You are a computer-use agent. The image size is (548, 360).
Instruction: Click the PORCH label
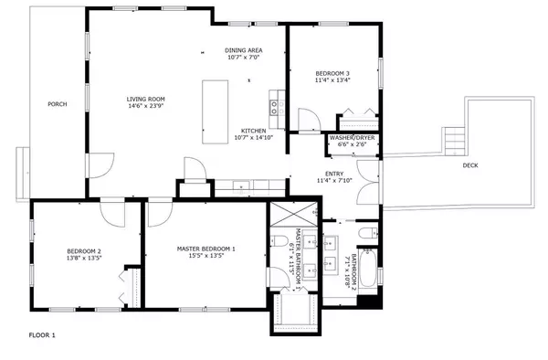57,104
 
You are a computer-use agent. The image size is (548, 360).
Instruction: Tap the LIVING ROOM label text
145,98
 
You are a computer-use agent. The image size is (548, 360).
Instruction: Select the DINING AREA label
244,49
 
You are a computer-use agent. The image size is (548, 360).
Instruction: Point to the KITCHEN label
253,130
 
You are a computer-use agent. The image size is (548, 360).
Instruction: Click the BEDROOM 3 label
332,72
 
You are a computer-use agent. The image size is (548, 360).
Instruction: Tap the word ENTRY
334,173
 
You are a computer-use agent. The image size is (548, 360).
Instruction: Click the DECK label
469,165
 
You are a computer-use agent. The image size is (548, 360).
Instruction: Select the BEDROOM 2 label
83,251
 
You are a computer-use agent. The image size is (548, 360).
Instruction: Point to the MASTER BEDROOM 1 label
205,249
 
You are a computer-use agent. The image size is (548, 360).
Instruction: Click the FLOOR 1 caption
42,335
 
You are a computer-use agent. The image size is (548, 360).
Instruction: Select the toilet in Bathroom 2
366,235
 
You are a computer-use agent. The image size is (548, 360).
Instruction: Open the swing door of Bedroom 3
310,119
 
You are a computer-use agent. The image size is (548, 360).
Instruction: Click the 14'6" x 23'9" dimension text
145,106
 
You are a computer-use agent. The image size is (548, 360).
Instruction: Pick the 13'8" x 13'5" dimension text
83,259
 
